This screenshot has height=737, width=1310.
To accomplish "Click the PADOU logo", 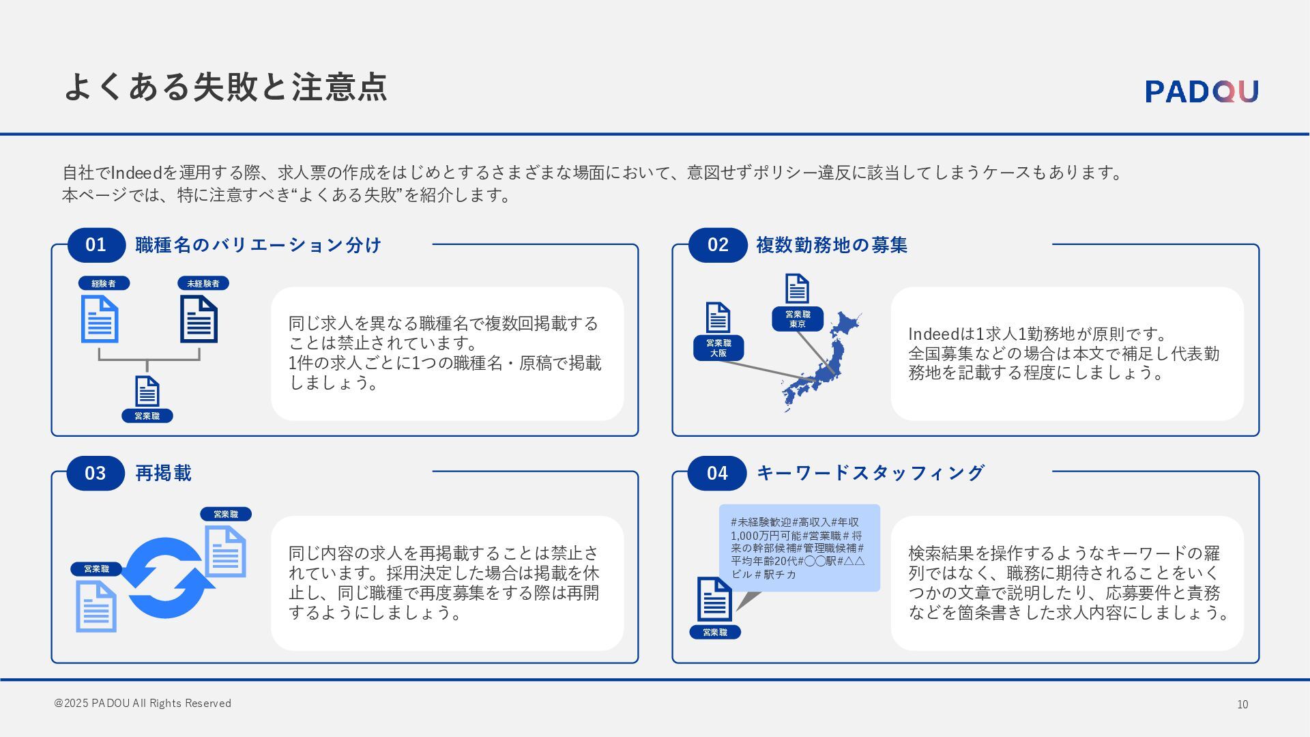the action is [x=1202, y=91].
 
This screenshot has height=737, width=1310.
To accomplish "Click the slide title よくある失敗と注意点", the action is [x=225, y=87].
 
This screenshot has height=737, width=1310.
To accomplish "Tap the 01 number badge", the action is [x=96, y=245].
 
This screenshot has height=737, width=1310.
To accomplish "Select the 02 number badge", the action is [x=718, y=245].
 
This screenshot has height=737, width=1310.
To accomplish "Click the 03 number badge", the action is [x=96, y=473].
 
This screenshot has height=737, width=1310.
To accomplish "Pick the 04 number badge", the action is [x=717, y=473].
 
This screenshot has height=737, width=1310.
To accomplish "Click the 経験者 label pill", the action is [x=104, y=283].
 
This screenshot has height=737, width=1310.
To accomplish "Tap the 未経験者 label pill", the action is [x=203, y=283].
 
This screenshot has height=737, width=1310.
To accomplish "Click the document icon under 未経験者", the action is [x=199, y=319].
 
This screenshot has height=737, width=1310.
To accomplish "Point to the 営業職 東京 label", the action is [x=798, y=319].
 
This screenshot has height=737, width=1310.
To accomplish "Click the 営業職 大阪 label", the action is [x=718, y=348].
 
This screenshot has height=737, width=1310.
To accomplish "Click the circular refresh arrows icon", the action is [x=166, y=577].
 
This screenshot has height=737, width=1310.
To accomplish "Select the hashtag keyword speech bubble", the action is [x=799, y=548].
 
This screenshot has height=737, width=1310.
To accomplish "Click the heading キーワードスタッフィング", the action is [x=871, y=472].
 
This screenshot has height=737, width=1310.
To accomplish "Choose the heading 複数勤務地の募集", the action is [x=832, y=245].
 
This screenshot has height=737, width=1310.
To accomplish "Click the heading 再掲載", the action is [x=164, y=473].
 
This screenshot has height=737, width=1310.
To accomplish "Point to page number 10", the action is [x=1242, y=704].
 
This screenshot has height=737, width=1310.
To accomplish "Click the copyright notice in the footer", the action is [x=143, y=703].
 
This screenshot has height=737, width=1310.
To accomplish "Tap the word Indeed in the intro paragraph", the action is [x=136, y=173].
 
